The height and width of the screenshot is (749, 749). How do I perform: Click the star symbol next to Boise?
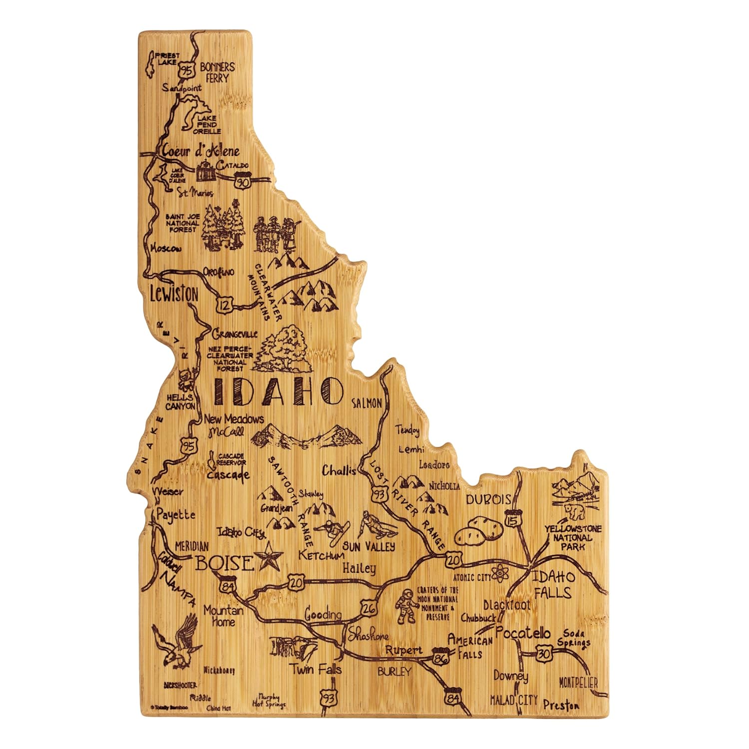[269, 558]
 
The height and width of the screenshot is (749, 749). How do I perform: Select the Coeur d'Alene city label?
[200, 150]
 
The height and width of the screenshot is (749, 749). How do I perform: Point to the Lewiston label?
[174, 294]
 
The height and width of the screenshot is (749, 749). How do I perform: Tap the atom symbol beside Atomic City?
[500, 575]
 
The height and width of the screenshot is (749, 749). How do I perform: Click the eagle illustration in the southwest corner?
[177, 644]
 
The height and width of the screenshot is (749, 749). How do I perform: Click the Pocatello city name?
[523, 633]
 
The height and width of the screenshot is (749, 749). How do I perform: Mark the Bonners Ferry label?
[217, 72]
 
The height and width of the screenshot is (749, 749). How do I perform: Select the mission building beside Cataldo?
[206, 171]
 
